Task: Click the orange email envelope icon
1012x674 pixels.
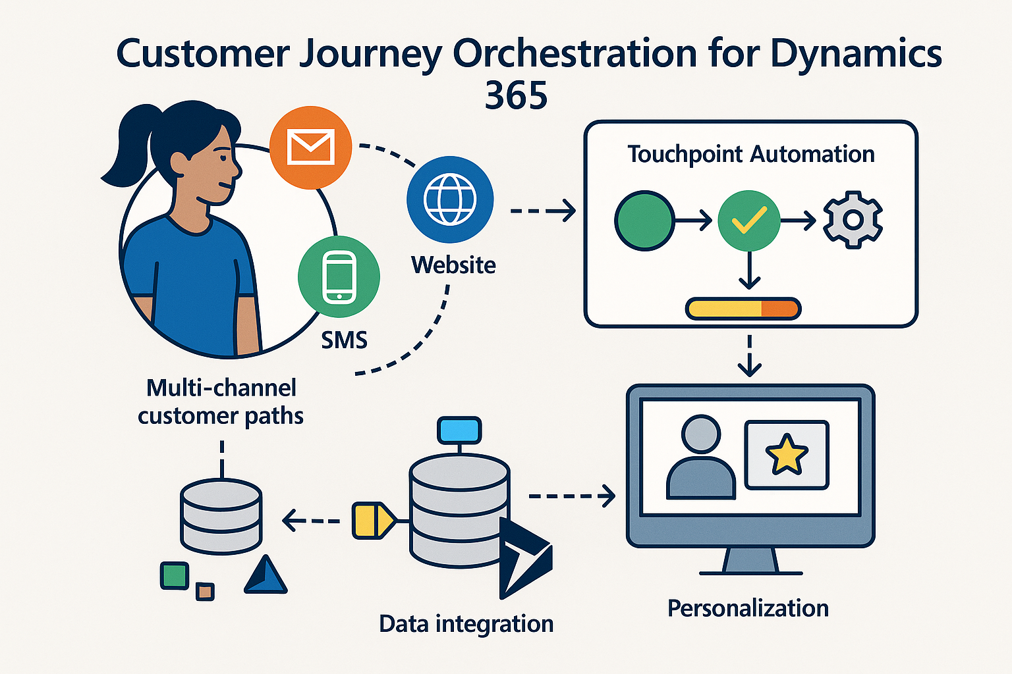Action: point(310,147)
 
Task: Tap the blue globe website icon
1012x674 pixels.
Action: point(449,199)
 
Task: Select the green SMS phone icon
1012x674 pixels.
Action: point(339,276)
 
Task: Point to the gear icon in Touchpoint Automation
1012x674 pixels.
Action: point(853,220)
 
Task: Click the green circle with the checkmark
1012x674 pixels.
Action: point(748,220)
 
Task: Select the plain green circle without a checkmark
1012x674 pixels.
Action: point(644,220)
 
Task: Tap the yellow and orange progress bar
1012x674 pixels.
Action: point(743,308)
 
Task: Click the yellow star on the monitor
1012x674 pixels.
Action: point(786,455)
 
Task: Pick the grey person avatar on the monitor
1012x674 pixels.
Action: point(700,458)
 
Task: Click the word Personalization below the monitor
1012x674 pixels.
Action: point(748,608)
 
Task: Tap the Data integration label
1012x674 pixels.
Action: point(466,624)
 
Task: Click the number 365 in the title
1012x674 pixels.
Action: point(516,96)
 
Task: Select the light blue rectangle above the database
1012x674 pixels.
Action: point(459,430)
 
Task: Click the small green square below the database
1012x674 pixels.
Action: point(175,575)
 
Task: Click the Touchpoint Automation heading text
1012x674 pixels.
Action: point(750,154)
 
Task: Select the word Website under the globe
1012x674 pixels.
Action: point(453,265)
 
